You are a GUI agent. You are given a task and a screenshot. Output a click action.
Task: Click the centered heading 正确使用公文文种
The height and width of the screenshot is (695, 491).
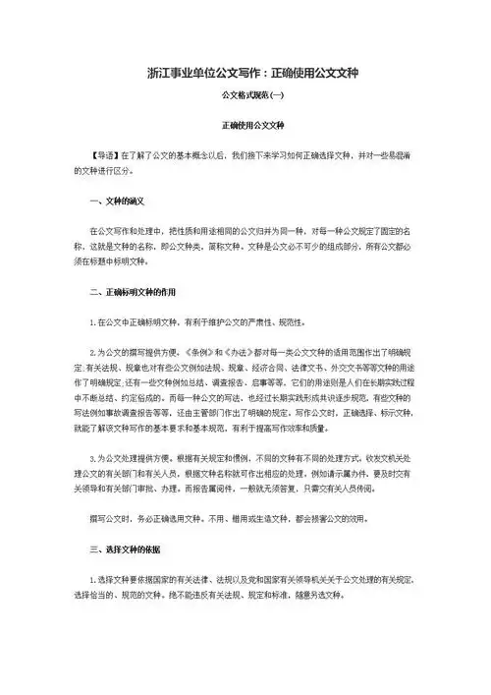point(245,127)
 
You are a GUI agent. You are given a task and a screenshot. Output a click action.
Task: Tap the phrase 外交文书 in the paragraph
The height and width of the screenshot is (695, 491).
point(353,365)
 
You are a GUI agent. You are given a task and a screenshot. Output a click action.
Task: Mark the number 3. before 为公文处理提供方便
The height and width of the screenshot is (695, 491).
point(92,458)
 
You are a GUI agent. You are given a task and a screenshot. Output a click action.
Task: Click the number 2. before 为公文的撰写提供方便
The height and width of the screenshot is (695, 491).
point(92,350)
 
